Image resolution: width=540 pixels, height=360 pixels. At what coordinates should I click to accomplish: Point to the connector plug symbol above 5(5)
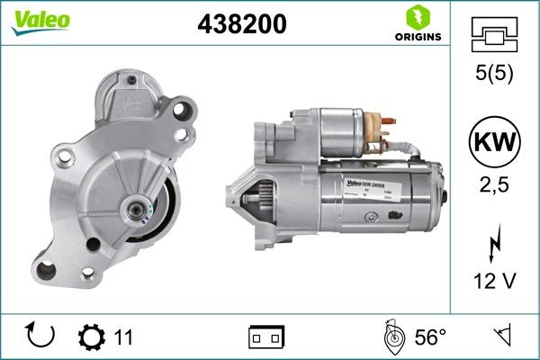click(494, 33)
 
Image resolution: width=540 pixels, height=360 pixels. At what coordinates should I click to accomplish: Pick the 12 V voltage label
click(494, 281)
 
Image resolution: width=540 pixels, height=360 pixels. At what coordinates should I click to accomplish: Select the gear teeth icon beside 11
click(91, 337)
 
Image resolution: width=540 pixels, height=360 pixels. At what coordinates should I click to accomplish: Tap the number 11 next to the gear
click(124, 337)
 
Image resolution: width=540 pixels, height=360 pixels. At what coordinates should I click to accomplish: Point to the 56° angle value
click(430, 337)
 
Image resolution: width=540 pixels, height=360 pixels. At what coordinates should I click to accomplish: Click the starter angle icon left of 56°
click(391, 337)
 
